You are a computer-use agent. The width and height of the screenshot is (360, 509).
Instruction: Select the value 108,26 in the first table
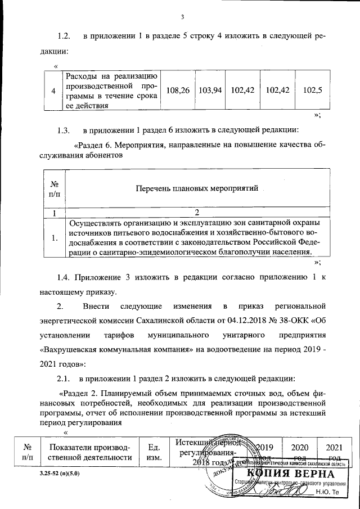pos(177,90)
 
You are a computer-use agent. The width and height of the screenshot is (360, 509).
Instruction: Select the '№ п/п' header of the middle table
pos(55,188)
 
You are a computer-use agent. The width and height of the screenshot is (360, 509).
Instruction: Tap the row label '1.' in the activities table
pos(55,238)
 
